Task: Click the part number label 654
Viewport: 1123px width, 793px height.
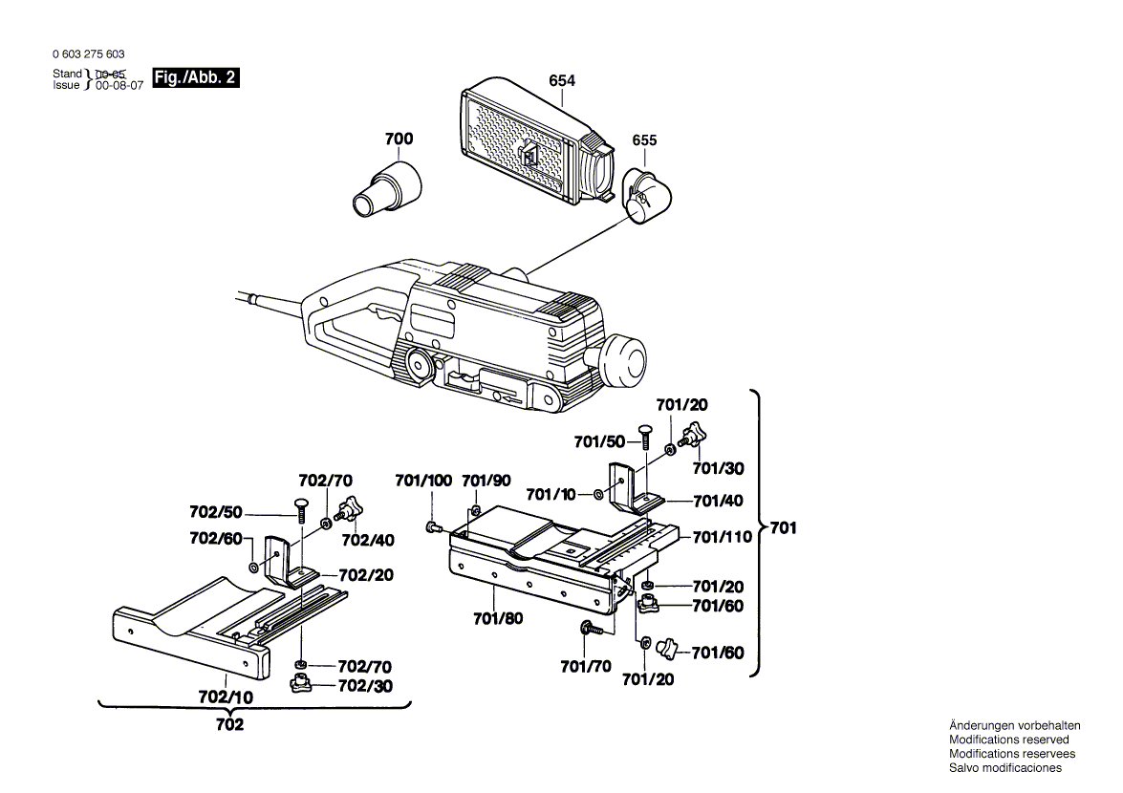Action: (x=562, y=81)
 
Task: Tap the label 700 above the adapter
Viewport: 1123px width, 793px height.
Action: (x=399, y=139)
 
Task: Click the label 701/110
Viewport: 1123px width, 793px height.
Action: (x=723, y=537)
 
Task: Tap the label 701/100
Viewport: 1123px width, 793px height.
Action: (x=423, y=481)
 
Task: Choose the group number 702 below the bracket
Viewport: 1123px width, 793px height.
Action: (x=229, y=725)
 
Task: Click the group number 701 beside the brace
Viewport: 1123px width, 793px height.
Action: (x=783, y=527)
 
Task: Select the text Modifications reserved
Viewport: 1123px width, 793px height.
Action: (x=1008, y=739)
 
